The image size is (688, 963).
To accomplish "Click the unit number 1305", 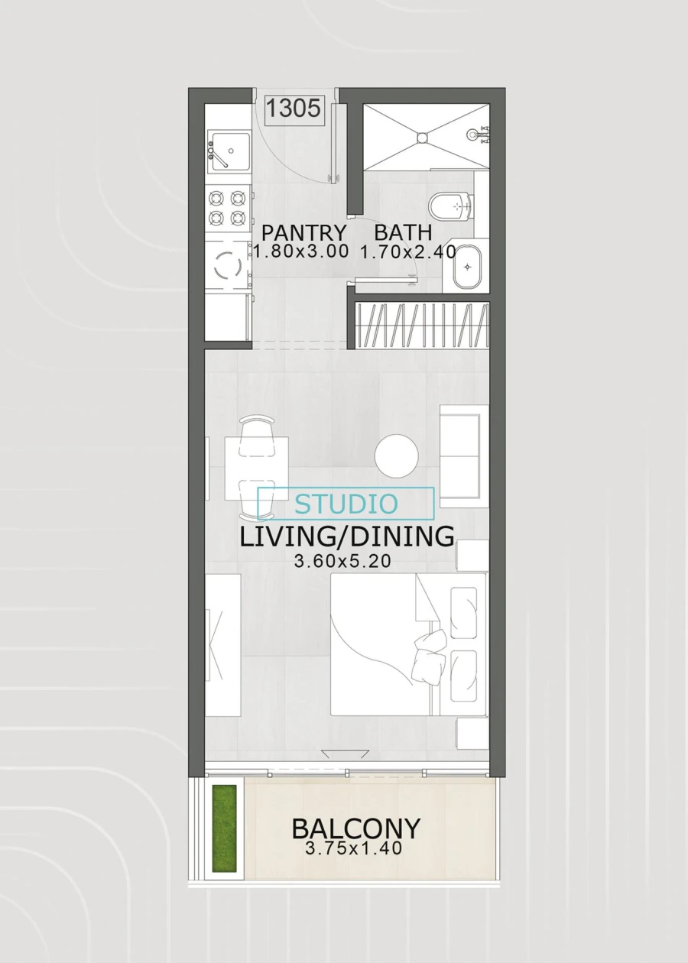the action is point(294,108).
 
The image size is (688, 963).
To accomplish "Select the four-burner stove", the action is point(228,208).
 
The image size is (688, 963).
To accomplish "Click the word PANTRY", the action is point(303,233).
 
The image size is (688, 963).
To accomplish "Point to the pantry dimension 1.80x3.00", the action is point(300,251).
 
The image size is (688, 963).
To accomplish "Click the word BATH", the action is point(403,232).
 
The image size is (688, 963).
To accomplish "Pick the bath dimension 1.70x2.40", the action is point(408,252).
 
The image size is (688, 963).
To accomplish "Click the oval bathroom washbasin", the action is point(467,267).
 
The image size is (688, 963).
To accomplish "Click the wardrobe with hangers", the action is point(422,326).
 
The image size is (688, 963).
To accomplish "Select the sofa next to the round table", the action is point(463,456).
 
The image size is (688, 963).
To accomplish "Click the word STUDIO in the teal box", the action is point(346,504).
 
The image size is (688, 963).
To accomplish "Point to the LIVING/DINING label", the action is point(346,537).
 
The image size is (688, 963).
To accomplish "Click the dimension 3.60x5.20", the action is point(342,561).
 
